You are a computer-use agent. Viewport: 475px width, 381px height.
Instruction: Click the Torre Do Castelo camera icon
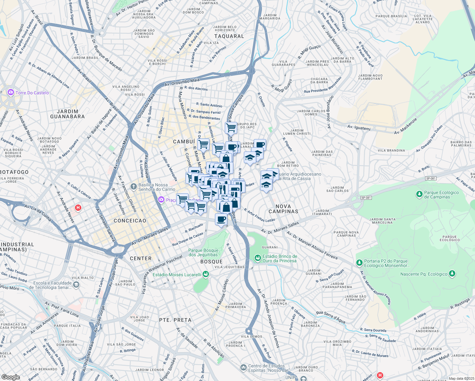[11, 92]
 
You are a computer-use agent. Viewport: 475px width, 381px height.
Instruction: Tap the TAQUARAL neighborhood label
[229, 36]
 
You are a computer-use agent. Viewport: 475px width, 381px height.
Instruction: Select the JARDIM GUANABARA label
[67, 114]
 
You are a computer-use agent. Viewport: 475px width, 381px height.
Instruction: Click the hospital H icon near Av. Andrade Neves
[78, 208]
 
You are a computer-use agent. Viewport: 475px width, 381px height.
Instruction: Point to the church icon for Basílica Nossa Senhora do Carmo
[133, 186]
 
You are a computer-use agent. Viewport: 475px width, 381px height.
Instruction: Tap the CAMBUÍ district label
[184, 142]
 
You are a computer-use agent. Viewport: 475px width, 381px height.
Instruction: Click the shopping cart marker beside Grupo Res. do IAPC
[231, 128]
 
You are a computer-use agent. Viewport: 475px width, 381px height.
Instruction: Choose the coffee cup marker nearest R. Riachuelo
[221, 219]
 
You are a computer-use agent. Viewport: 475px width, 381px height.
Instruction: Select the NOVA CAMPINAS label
[283, 209]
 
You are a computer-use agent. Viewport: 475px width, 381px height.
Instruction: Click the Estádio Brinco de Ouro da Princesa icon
[258, 257]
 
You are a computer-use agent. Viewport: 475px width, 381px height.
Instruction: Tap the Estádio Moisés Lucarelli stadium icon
[206, 274]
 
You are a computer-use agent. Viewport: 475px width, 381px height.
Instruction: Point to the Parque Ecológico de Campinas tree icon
[419, 193]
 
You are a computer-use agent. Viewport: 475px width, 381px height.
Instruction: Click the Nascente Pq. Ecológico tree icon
[452, 273]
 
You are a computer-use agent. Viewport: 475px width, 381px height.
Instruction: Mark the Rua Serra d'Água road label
[331, 317]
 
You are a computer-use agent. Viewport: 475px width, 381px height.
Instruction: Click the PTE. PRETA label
[175, 320]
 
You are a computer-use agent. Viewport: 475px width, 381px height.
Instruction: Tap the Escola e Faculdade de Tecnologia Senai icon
[76, 285]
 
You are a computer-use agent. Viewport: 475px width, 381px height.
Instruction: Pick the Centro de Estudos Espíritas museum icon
[243, 367]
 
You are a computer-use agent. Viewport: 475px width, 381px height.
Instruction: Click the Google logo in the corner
[10, 377]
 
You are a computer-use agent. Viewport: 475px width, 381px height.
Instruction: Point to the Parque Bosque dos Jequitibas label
[203, 252]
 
